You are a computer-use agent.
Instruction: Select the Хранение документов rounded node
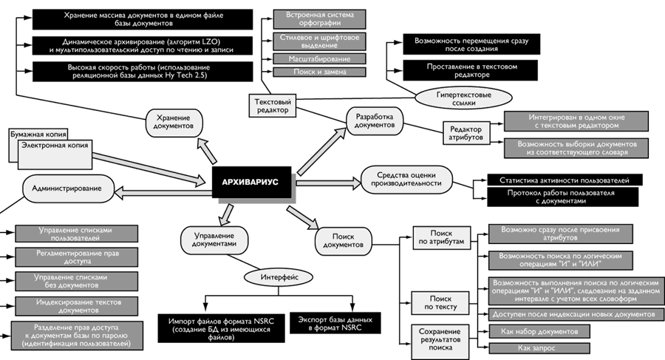[x=174, y=121]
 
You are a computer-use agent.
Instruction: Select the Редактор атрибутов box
[x=466, y=134]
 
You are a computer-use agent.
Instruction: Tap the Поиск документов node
[x=342, y=240]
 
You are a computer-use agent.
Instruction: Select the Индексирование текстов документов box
[x=62, y=305]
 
